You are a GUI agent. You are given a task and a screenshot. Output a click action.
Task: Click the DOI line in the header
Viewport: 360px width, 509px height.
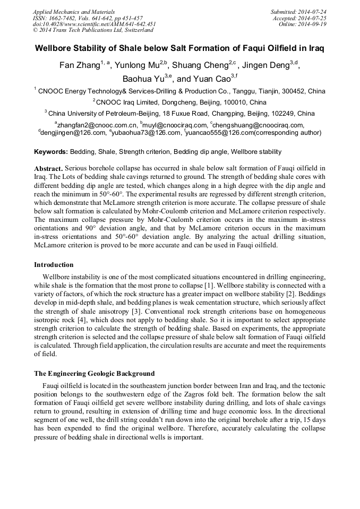click(95, 24)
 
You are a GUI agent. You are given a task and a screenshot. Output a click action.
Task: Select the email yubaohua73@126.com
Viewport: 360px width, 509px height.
click(147, 132)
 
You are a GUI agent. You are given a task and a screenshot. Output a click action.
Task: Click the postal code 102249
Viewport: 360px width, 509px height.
click(287, 113)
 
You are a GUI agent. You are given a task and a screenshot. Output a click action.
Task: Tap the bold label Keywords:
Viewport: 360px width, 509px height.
click(51, 151)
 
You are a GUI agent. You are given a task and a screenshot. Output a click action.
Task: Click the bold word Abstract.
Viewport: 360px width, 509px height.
click(49, 168)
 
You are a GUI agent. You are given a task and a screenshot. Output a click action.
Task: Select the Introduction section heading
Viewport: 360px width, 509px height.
click(54, 264)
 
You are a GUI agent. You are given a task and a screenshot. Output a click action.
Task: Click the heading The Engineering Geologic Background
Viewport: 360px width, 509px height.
click(94, 373)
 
